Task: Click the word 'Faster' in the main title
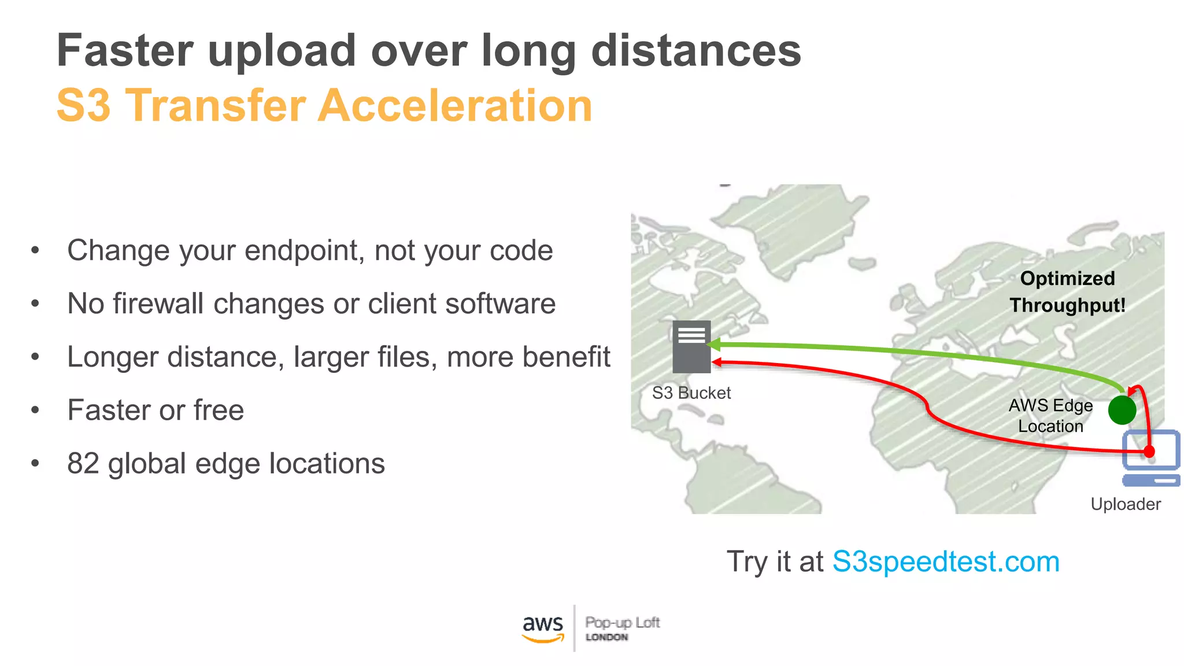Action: pyautogui.click(x=125, y=51)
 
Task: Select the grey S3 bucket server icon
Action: pyautogui.click(x=691, y=347)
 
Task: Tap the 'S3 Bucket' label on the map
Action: pyautogui.click(x=691, y=393)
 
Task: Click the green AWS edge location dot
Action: pyautogui.click(x=1122, y=410)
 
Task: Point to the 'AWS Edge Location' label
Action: pyautogui.click(x=1050, y=416)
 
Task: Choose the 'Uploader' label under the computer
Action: pyautogui.click(x=1126, y=504)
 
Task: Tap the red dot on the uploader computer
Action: pyautogui.click(x=1149, y=452)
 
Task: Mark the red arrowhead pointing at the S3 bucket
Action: pyautogui.click(x=717, y=362)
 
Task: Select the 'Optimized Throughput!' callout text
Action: pyautogui.click(x=1067, y=292)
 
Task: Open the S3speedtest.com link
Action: pyautogui.click(x=946, y=562)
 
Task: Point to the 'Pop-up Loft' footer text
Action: pyautogui.click(x=622, y=623)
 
